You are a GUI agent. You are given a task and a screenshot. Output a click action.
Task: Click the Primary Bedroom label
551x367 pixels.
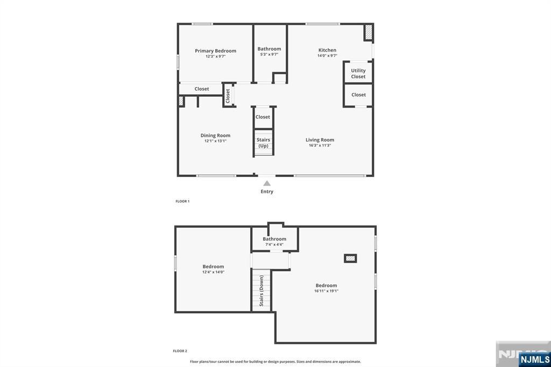click(215, 51)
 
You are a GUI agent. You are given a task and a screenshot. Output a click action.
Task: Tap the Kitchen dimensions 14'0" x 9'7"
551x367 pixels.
click(327, 55)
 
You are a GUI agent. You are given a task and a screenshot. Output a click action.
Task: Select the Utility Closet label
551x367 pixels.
click(358, 74)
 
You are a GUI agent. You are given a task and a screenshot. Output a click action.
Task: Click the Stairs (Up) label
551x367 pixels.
click(263, 143)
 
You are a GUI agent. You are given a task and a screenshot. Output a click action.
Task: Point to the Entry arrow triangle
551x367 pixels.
click(267, 183)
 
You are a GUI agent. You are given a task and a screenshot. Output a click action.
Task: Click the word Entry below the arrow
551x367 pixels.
click(267, 192)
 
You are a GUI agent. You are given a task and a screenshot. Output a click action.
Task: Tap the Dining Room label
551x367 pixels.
click(215, 136)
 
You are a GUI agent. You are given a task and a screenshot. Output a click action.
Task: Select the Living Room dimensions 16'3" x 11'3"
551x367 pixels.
click(320, 145)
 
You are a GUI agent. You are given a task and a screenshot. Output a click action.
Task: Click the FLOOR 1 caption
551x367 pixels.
click(182, 201)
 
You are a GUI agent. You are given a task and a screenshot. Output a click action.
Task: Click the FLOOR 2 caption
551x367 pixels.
click(180, 351)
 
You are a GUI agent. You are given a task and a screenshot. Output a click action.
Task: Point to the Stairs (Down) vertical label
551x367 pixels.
click(262, 291)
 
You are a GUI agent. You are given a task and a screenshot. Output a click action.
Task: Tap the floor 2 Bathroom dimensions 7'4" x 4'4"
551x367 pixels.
click(274, 245)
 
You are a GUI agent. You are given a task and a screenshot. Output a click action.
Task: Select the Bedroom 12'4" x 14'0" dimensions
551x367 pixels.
click(213, 272)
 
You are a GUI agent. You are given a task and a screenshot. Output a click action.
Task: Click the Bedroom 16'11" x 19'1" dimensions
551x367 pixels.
click(326, 291)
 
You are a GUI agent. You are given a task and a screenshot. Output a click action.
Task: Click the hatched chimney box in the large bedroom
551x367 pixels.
click(350, 258)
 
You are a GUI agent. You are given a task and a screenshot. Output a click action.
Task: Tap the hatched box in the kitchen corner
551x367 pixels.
click(368, 32)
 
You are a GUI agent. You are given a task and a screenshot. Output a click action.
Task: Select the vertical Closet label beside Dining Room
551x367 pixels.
click(228, 96)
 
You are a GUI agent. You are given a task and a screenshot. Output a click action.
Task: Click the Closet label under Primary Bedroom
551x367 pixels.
click(202, 89)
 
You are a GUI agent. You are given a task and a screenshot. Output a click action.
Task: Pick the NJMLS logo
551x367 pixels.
click(534, 359)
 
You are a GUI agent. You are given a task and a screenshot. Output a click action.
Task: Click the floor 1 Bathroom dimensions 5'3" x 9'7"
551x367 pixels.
click(269, 54)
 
